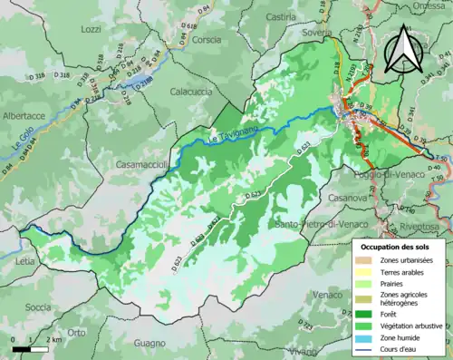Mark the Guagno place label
point(149,343)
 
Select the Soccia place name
point(38,306)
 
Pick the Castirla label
point(282,17)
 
